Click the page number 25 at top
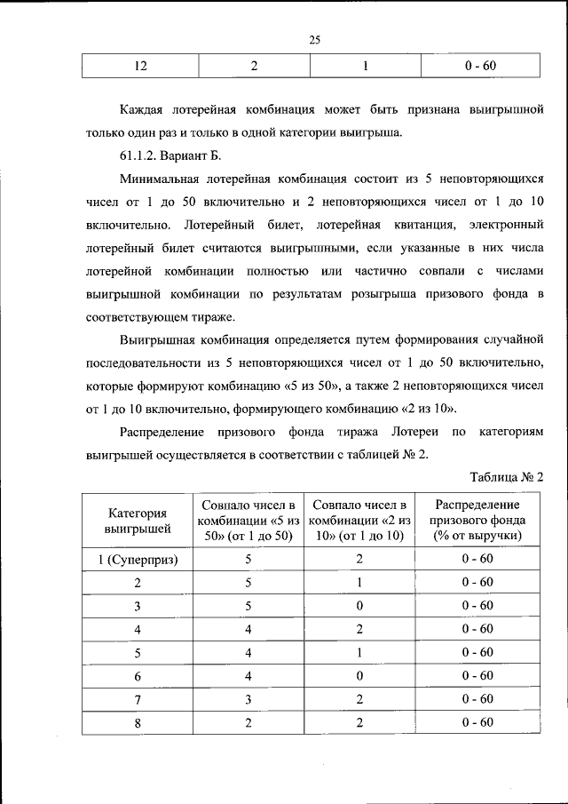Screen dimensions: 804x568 (314, 38)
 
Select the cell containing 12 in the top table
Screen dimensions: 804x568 (140, 67)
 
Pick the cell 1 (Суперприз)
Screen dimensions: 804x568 (138, 560)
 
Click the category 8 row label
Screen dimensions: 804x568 (138, 722)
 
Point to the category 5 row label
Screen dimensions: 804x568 (138, 652)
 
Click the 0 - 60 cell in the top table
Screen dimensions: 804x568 (479, 67)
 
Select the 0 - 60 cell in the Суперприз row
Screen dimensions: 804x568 (477, 560)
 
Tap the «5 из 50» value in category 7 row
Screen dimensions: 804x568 (249, 699)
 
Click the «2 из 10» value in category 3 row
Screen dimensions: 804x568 (359, 606)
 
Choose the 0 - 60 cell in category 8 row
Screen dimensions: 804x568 (477, 722)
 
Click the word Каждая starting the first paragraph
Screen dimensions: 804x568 (145, 112)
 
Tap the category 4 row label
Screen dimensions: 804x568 (138, 629)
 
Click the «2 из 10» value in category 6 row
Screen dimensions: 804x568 (359, 676)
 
